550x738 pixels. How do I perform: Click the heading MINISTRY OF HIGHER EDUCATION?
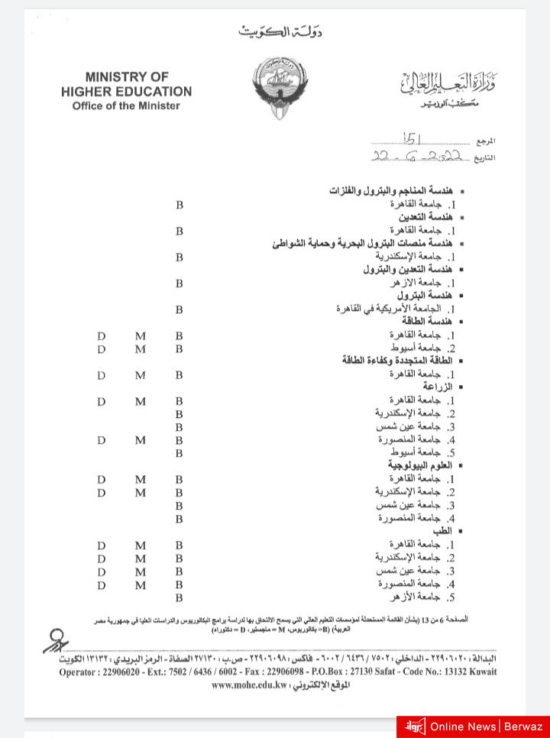point(127,84)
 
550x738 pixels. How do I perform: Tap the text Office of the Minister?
point(126,105)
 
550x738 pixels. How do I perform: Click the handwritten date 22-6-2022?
point(416,156)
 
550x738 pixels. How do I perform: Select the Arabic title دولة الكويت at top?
point(280,32)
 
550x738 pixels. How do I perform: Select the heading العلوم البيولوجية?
point(420,465)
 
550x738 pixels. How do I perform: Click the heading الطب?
point(443,530)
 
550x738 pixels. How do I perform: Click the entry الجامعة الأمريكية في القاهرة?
point(390,309)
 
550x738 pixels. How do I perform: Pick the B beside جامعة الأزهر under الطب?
point(180,597)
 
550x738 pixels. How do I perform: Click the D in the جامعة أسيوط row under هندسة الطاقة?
point(102,349)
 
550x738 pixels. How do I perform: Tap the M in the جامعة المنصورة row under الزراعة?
point(140,440)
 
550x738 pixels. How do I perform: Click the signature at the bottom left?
point(56,640)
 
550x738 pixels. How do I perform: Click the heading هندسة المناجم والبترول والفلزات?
point(391,190)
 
